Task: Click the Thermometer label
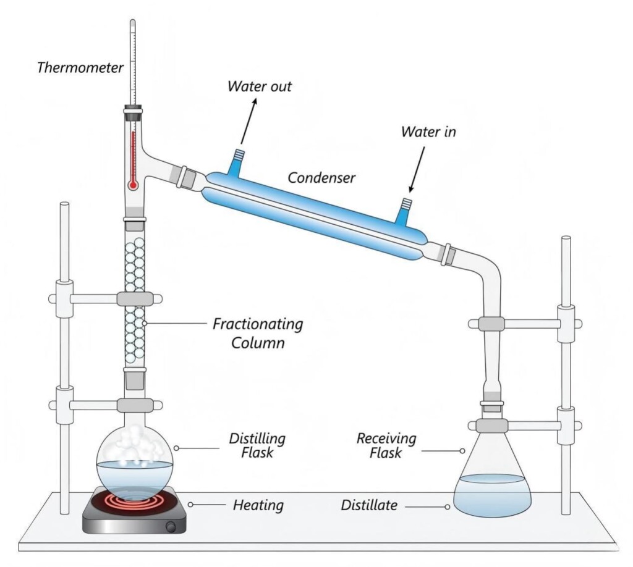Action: pyautogui.click(x=80, y=67)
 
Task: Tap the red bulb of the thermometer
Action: pyautogui.click(x=132, y=185)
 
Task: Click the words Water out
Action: pyautogui.click(x=259, y=86)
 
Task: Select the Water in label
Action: pyautogui.click(x=428, y=132)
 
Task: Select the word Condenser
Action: pyautogui.click(x=321, y=178)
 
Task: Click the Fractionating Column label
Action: pyautogui.click(x=258, y=333)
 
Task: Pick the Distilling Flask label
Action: pyautogui.click(x=257, y=447)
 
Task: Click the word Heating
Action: pyautogui.click(x=258, y=505)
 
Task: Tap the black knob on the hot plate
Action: pyautogui.click(x=179, y=526)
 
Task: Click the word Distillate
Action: pyautogui.click(x=370, y=506)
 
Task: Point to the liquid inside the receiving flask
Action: pyautogui.click(x=492, y=494)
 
